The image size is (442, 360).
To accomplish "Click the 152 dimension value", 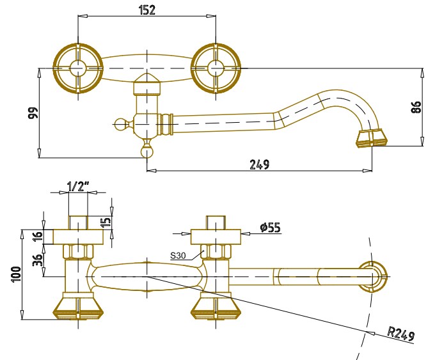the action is (x=147, y=10).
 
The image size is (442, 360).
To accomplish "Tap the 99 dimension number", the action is (x=33, y=113).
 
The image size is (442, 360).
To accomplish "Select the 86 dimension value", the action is (x=416, y=107).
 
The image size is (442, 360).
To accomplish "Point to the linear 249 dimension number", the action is (x=259, y=164).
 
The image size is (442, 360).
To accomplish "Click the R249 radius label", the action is (x=401, y=334).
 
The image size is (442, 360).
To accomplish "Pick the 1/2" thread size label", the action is (x=79, y=187).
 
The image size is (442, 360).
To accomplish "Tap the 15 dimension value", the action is (x=106, y=223).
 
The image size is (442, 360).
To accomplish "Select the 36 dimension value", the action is (x=38, y=260).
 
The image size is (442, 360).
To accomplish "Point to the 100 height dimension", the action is (x=17, y=274).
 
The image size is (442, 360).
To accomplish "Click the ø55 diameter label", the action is (x=271, y=228).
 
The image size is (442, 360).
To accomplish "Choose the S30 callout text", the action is (x=178, y=256).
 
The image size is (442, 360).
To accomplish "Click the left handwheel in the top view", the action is (x=78, y=68).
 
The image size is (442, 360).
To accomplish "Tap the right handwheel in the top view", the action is (x=216, y=68).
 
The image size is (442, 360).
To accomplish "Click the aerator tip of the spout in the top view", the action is (x=372, y=138).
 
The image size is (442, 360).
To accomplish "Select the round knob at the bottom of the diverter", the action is (x=147, y=152).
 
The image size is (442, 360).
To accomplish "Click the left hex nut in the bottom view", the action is (x=78, y=251).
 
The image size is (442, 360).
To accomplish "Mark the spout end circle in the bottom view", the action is (x=372, y=277).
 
